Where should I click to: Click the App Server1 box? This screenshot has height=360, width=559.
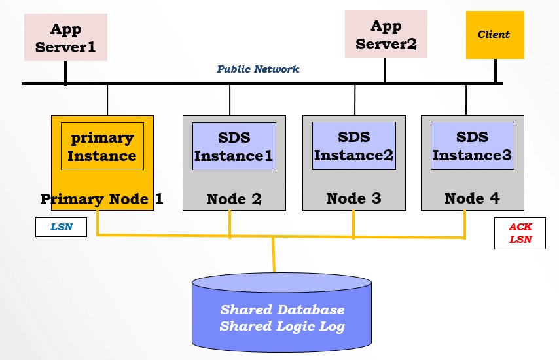(65, 37)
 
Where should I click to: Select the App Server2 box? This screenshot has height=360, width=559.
(386, 34)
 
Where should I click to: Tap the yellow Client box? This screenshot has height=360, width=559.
(496, 35)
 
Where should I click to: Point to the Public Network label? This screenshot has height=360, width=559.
(258, 69)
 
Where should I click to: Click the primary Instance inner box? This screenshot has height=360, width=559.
(102, 146)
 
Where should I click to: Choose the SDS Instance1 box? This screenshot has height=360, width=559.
(234, 146)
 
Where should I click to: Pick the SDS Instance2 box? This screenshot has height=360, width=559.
(354, 145)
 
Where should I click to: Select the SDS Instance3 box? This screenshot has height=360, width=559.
(473, 145)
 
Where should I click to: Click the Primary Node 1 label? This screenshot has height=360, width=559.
(101, 199)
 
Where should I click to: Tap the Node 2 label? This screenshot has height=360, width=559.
(234, 199)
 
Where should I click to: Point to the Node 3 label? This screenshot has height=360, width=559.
(353, 198)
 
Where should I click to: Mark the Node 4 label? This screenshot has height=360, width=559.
(472, 198)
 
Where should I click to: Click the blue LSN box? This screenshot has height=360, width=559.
(62, 227)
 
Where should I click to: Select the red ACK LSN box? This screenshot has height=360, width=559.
(520, 233)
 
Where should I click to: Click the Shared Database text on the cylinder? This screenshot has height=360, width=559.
(282, 310)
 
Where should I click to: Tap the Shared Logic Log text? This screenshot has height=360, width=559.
(282, 326)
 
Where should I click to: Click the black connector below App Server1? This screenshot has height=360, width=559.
(65, 73)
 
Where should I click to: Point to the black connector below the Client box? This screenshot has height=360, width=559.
(496, 71)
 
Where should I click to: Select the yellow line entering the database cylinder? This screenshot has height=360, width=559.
(274, 255)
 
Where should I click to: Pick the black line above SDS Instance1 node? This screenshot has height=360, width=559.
(230, 100)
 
